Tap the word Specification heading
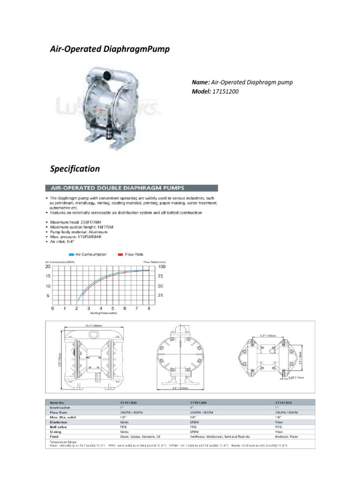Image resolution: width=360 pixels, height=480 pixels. [x=75, y=168]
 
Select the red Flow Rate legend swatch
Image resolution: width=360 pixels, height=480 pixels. [x=120, y=255]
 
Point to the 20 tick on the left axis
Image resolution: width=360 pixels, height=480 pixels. [x=47, y=266]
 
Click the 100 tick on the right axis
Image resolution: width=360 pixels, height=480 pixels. [x=161, y=266]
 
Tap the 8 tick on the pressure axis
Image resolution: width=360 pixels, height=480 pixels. [x=149, y=308]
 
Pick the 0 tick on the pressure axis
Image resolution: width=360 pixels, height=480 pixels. [x=52, y=308]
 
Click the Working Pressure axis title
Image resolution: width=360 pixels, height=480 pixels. [x=101, y=313]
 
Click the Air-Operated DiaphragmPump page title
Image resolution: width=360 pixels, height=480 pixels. [x=110, y=49]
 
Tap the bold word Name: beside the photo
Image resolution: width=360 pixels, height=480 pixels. [x=200, y=82]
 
